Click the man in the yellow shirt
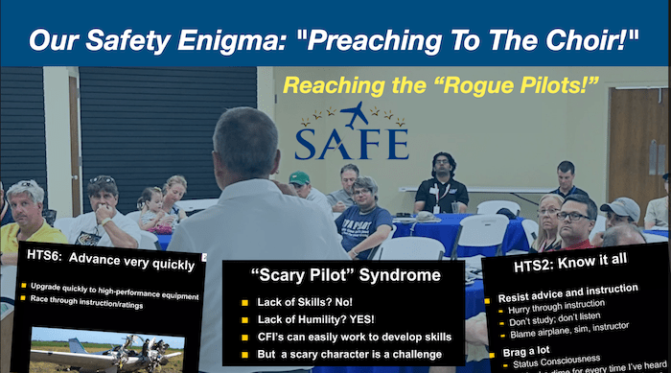[x=27, y=221]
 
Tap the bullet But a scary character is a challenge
[x=351, y=353]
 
